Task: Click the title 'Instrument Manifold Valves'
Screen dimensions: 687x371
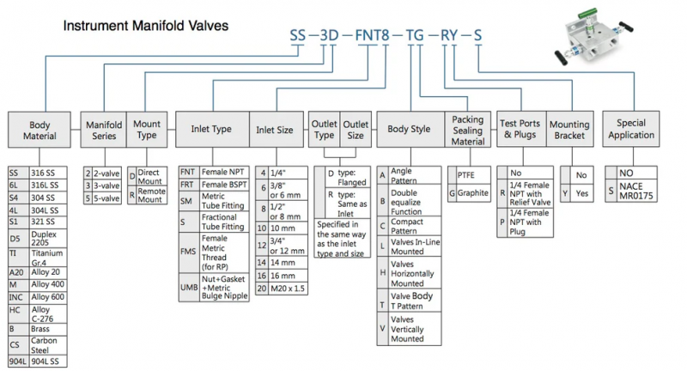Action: (x=146, y=26)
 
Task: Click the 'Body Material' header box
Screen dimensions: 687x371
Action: (x=40, y=130)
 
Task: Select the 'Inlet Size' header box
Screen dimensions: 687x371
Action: (x=276, y=129)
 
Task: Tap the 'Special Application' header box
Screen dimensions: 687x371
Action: (x=631, y=129)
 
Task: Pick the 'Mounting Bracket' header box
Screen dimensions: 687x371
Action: (x=569, y=129)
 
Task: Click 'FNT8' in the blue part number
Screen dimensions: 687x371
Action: (x=372, y=35)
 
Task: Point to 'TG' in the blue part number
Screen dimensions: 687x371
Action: (x=415, y=35)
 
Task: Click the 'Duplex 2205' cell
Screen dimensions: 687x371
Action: (x=48, y=238)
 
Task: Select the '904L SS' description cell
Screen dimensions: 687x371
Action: (x=48, y=362)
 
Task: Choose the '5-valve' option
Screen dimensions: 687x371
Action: (x=106, y=198)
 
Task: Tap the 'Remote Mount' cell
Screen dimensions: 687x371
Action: (x=152, y=195)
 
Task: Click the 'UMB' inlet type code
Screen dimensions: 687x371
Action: (x=189, y=288)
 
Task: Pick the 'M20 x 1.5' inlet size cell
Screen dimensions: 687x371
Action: (x=288, y=289)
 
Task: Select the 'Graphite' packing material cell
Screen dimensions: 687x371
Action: (x=473, y=192)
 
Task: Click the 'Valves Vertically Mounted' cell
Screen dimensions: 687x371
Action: (x=415, y=329)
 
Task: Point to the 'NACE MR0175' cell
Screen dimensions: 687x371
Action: (x=637, y=191)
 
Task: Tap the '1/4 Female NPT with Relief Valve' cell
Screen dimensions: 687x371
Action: (x=530, y=193)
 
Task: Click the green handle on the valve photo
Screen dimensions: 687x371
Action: (x=587, y=13)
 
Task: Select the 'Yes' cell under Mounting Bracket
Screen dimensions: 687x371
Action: (x=582, y=193)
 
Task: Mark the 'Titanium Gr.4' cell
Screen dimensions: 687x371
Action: (x=48, y=258)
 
